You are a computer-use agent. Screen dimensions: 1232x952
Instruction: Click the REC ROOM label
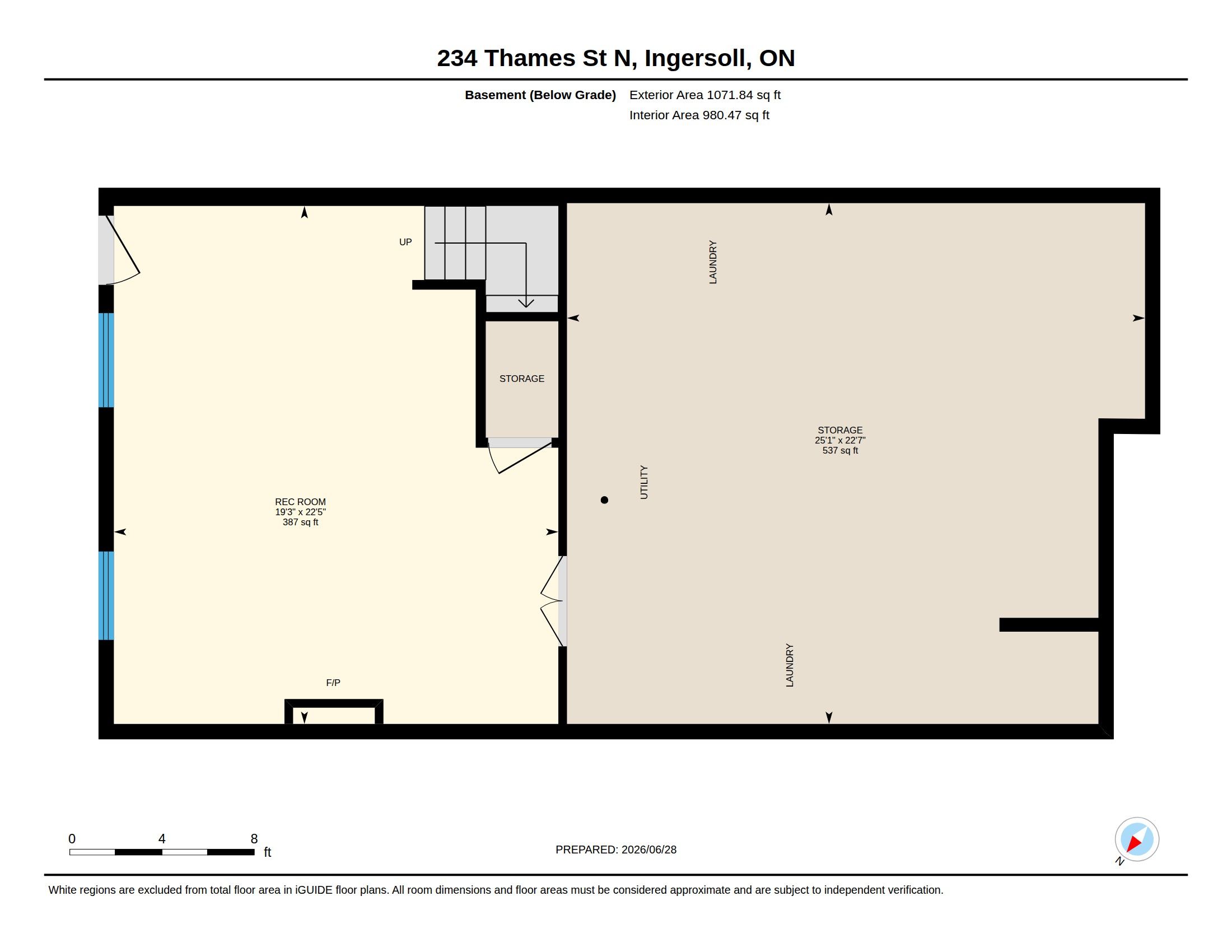300,501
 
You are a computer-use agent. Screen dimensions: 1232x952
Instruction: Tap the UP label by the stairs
405,242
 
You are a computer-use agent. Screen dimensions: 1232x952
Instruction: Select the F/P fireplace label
333,683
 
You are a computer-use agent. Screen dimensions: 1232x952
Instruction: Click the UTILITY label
643,482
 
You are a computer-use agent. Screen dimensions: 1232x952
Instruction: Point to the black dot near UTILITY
604,500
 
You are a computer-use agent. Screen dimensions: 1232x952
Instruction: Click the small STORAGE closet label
522,379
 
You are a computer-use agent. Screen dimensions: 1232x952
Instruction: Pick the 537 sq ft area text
840,451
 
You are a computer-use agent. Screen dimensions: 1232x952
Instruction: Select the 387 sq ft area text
300,522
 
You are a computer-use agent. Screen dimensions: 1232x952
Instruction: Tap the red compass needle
1133,844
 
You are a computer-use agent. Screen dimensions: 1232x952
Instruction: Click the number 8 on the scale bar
254,839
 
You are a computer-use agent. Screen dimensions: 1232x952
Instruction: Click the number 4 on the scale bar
162,839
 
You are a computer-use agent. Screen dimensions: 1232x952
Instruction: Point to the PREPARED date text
616,850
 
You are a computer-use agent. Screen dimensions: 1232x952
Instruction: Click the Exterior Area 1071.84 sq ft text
704,95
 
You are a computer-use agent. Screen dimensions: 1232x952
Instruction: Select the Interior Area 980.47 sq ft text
699,115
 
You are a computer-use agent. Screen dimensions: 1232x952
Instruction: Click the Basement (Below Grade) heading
540,95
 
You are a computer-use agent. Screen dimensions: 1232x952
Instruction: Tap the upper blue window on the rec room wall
106,360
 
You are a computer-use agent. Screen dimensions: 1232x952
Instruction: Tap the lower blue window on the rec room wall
106,596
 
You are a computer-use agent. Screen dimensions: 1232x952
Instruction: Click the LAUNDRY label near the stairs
712,262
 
